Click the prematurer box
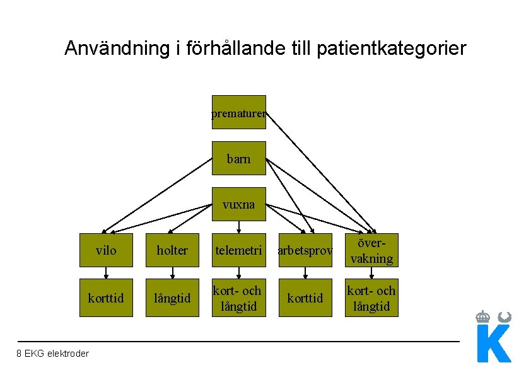(238, 112)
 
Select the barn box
(238, 158)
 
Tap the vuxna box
(238, 204)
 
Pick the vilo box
(106, 250)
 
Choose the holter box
(172, 250)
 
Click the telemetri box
(238, 250)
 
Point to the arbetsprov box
(305, 250)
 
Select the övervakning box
(371, 250)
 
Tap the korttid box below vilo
(106, 297)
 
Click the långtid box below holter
(172, 297)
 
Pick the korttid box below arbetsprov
(305, 297)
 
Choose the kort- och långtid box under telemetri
(238, 297)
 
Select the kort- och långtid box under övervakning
(371, 297)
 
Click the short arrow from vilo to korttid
(106, 273)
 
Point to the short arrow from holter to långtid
(172, 273)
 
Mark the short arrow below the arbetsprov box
(305, 273)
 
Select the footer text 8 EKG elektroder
(53, 354)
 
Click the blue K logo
(494, 343)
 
